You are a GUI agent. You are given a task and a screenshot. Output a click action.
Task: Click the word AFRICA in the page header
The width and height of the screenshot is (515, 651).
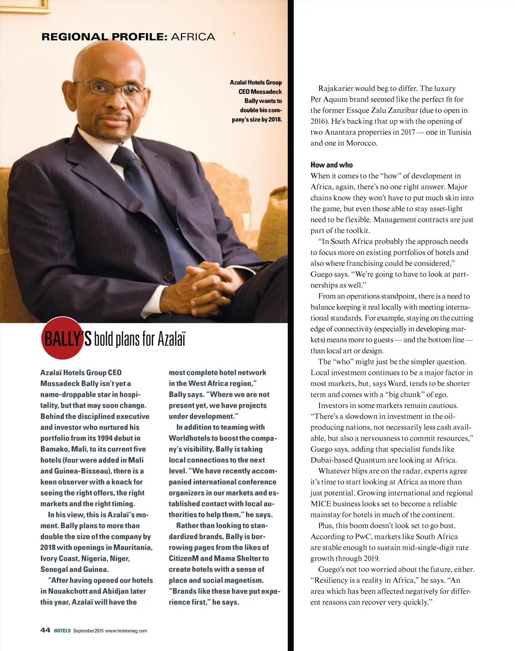193,37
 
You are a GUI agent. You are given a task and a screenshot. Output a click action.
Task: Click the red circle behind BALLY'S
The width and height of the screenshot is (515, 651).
61,338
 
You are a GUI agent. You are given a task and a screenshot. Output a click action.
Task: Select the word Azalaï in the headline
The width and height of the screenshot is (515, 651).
171,339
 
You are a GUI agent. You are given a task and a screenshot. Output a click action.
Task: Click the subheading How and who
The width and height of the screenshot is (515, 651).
331,165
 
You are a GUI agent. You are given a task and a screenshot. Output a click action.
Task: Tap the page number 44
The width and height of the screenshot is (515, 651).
45,630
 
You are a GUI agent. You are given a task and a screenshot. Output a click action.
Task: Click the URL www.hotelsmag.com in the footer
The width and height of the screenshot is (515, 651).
126,631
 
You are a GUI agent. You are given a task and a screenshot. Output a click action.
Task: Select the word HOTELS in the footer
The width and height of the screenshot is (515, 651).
62,631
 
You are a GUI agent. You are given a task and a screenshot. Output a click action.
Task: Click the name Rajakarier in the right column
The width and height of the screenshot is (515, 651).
336,88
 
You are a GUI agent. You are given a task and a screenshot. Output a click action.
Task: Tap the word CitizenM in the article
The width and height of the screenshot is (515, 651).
184,559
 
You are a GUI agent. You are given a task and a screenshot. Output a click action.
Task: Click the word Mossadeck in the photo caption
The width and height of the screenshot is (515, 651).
266,92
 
